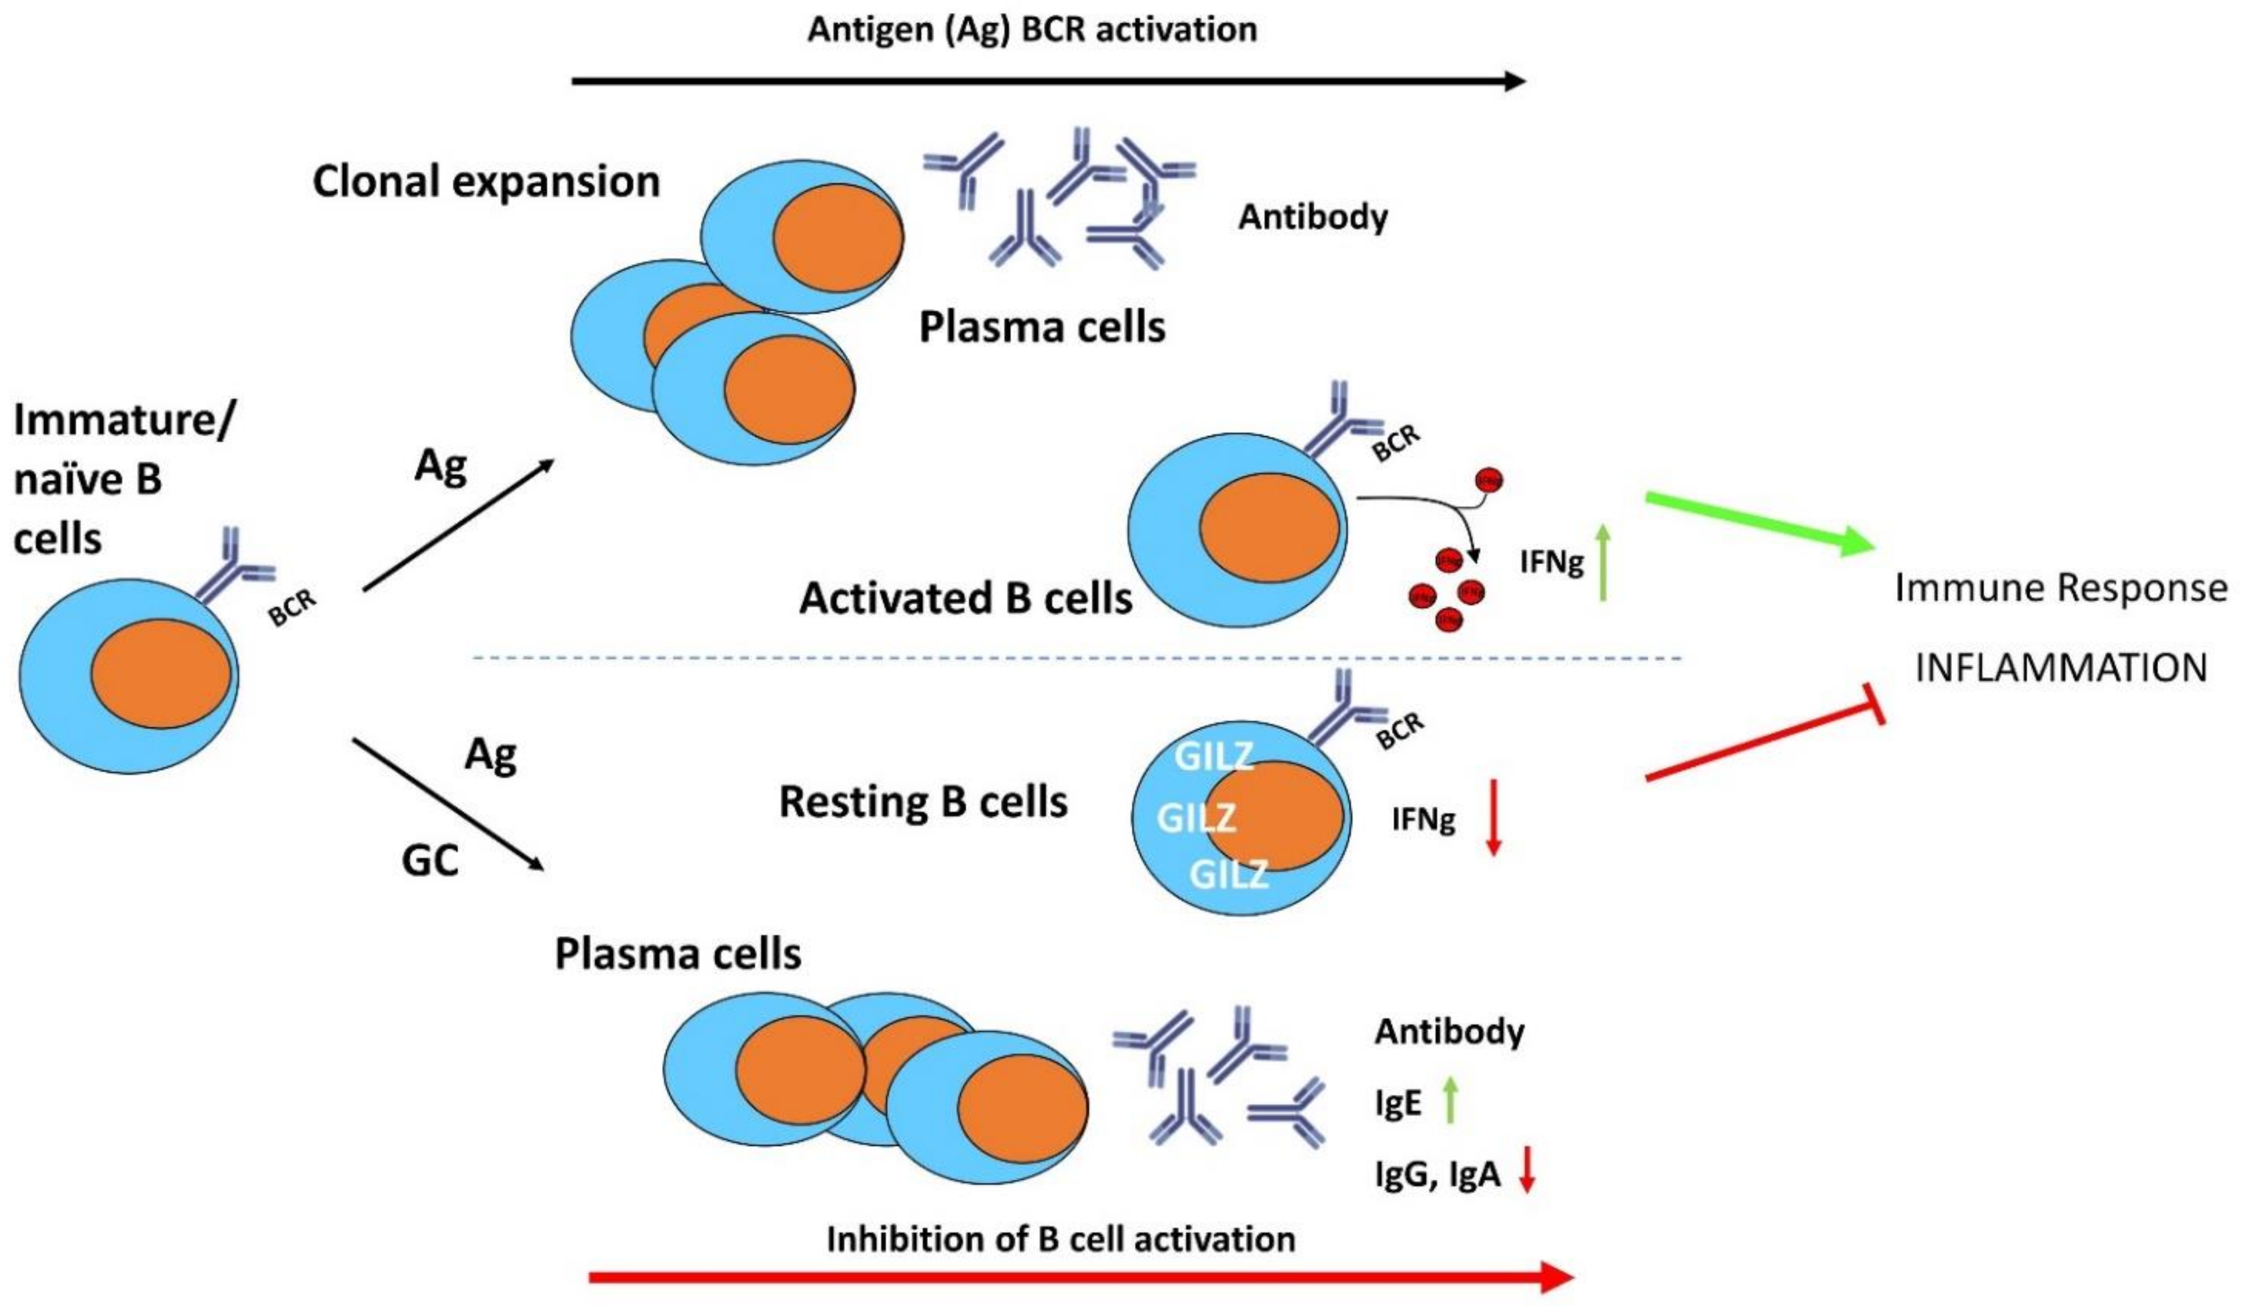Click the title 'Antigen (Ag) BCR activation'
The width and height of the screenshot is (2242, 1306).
[x=1032, y=29]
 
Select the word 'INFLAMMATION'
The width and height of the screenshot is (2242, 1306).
[x=2061, y=667]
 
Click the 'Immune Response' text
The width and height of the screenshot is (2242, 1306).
[x=2061, y=588]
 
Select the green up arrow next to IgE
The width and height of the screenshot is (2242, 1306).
[x=1450, y=1100]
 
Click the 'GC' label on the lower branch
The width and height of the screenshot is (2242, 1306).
[x=431, y=860]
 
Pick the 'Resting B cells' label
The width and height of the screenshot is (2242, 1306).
[x=923, y=802]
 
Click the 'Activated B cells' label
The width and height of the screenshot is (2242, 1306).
[x=965, y=599]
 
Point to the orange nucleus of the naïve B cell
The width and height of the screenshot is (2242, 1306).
[x=161, y=674]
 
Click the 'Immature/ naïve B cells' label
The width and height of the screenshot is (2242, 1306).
[x=120, y=479]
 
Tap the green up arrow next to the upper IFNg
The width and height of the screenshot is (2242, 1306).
[x=1602, y=562]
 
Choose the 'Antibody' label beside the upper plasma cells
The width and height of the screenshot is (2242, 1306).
[x=1312, y=217]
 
